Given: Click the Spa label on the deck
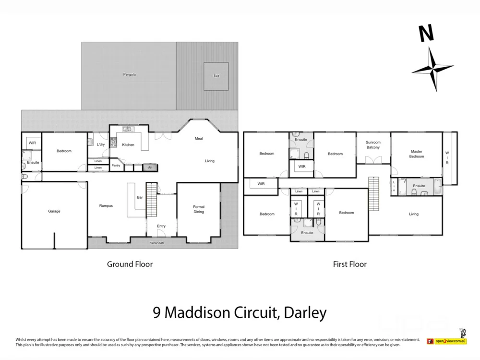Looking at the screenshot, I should [x=216, y=76].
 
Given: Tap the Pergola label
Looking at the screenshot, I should [x=129, y=74].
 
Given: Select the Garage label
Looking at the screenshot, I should [x=54, y=211].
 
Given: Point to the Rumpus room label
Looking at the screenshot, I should [x=106, y=206].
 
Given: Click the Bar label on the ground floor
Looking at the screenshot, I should [x=140, y=197].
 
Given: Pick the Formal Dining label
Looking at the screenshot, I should [x=199, y=209].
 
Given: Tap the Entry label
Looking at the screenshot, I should [x=161, y=226].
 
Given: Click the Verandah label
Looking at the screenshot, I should [x=157, y=243].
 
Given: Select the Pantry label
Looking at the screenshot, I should [x=116, y=166].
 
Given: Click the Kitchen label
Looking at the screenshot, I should [x=128, y=144].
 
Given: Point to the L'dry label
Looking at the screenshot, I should [x=101, y=144].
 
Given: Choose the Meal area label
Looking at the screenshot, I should [x=199, y=139].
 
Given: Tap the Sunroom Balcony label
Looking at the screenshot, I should [x=373, y=145].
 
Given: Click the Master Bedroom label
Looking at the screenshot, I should [x=417, y=154].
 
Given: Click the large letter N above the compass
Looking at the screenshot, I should [x=426, y=34].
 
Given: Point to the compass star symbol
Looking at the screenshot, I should [x=433, y=70].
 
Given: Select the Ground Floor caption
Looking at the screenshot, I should [x=130, y=264].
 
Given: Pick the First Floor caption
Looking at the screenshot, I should [x=350, y=264].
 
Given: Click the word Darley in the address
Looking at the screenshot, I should [x=305, y=313].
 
